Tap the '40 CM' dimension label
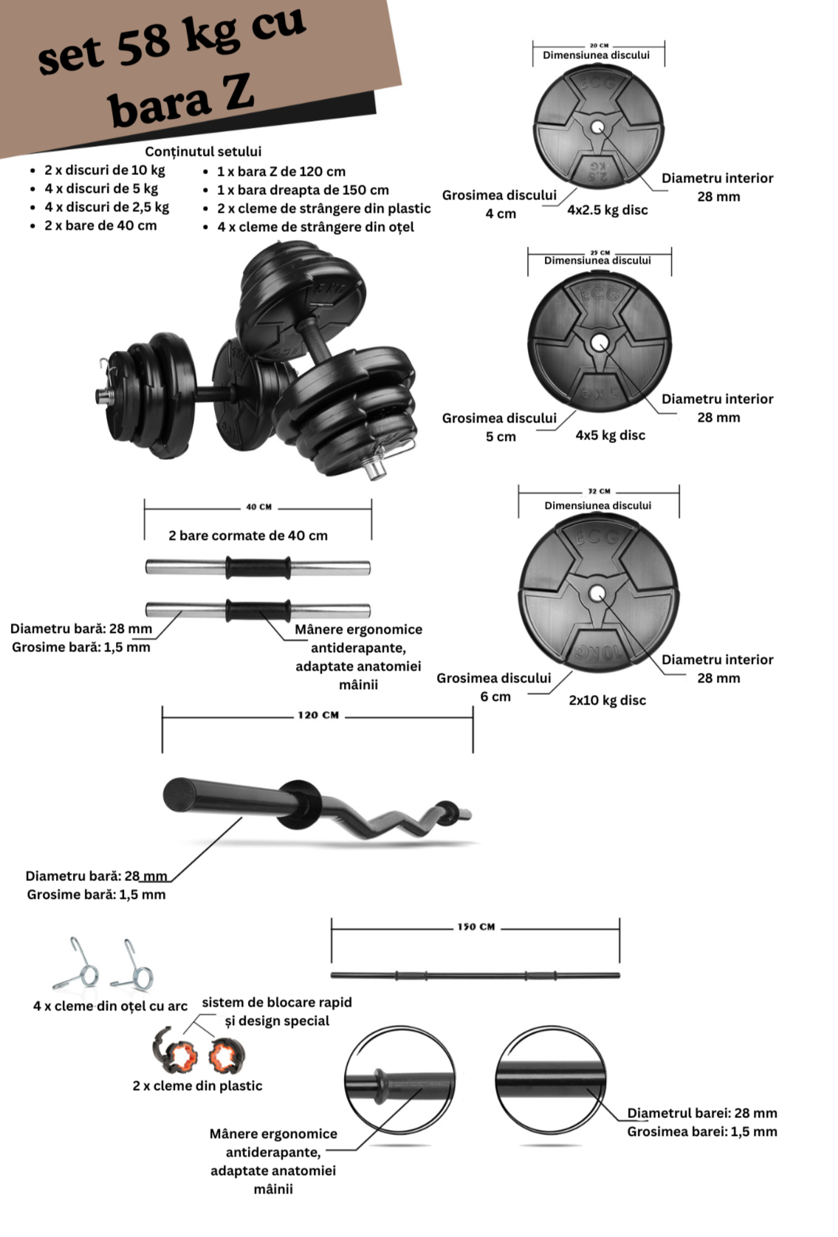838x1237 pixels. (258, 507)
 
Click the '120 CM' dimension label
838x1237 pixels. (318, 715)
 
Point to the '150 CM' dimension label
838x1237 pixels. (475, 927)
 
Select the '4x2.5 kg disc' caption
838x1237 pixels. (607, 210)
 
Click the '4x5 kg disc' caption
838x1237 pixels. (610, 435)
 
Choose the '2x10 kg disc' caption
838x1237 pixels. (607, 700)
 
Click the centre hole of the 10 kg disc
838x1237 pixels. (597, 593)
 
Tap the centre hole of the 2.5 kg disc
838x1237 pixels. (597, 128)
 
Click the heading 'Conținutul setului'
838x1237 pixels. (203, 151)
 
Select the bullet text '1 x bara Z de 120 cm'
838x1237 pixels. (281, 171)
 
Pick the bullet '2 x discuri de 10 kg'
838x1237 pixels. (104, 170)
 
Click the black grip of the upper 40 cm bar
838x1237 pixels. (258, 567)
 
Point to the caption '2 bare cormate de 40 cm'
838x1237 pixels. (247, 535)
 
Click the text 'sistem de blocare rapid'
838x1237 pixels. (277, 1002)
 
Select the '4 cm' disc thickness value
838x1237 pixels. (501, 213)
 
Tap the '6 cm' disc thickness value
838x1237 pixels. (495, 696)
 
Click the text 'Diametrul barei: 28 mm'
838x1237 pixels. (701, 1113)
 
